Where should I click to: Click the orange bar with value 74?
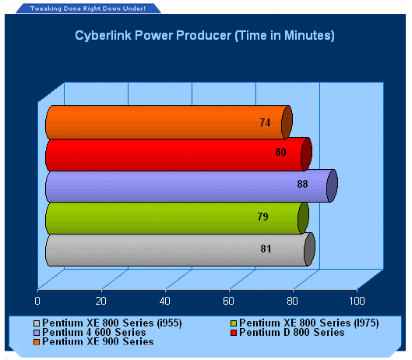pos(169,122)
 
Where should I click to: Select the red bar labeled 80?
pos(178,154)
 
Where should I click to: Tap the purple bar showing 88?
pos(192,186)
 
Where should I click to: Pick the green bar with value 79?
pos(177,218)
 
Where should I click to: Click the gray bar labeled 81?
pos(180,249)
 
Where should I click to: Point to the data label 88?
pos(302,184)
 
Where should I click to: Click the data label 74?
pos(265,122)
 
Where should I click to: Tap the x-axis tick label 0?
pos(37,301)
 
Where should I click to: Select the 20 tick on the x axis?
pos(101,301)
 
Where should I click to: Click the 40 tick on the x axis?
pos(165,301)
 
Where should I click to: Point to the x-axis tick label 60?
pos(229,301)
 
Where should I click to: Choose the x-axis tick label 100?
pos(357,301)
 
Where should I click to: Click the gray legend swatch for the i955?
pos(37,323)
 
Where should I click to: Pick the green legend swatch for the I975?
pos(234,323)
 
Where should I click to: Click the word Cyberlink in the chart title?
pos(103,36)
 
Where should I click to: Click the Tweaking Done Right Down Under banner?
pos(88,9)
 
